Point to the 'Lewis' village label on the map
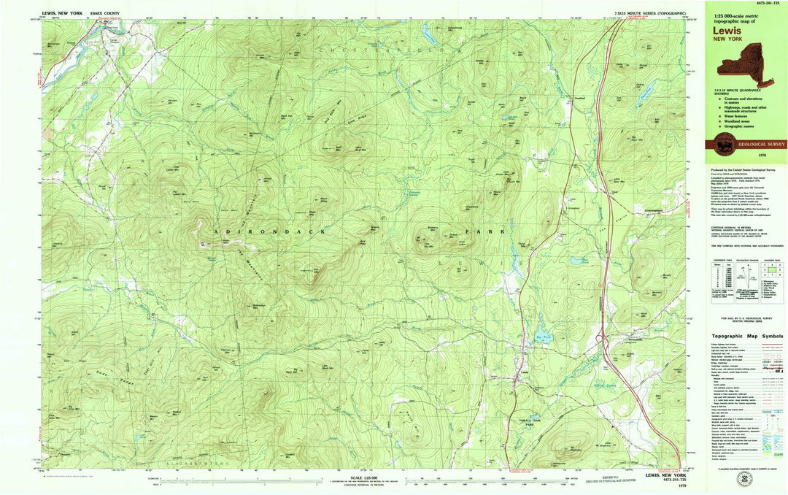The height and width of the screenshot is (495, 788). click(x=523, y=371)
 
